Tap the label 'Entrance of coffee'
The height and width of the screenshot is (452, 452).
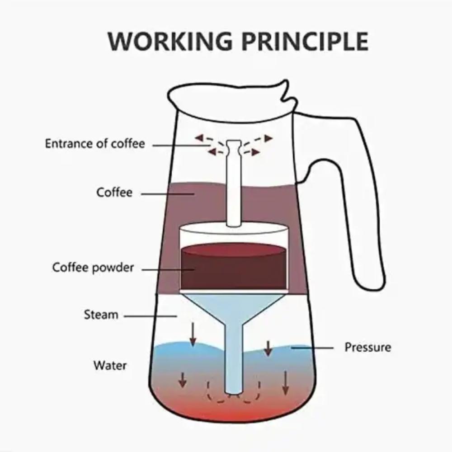(x=95, y=144)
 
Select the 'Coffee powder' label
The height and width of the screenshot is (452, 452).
(x=93, y=267)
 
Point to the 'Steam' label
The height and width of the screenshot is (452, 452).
(x=101, y=315)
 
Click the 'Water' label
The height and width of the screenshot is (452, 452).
(x=110, y=365)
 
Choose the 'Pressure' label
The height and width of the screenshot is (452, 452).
(x=367, y=347)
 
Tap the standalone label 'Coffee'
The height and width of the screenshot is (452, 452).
(x=114, y=193)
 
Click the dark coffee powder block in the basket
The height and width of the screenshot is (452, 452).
(x=234, y=269)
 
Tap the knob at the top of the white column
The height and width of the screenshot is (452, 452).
(x=234, y=147)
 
